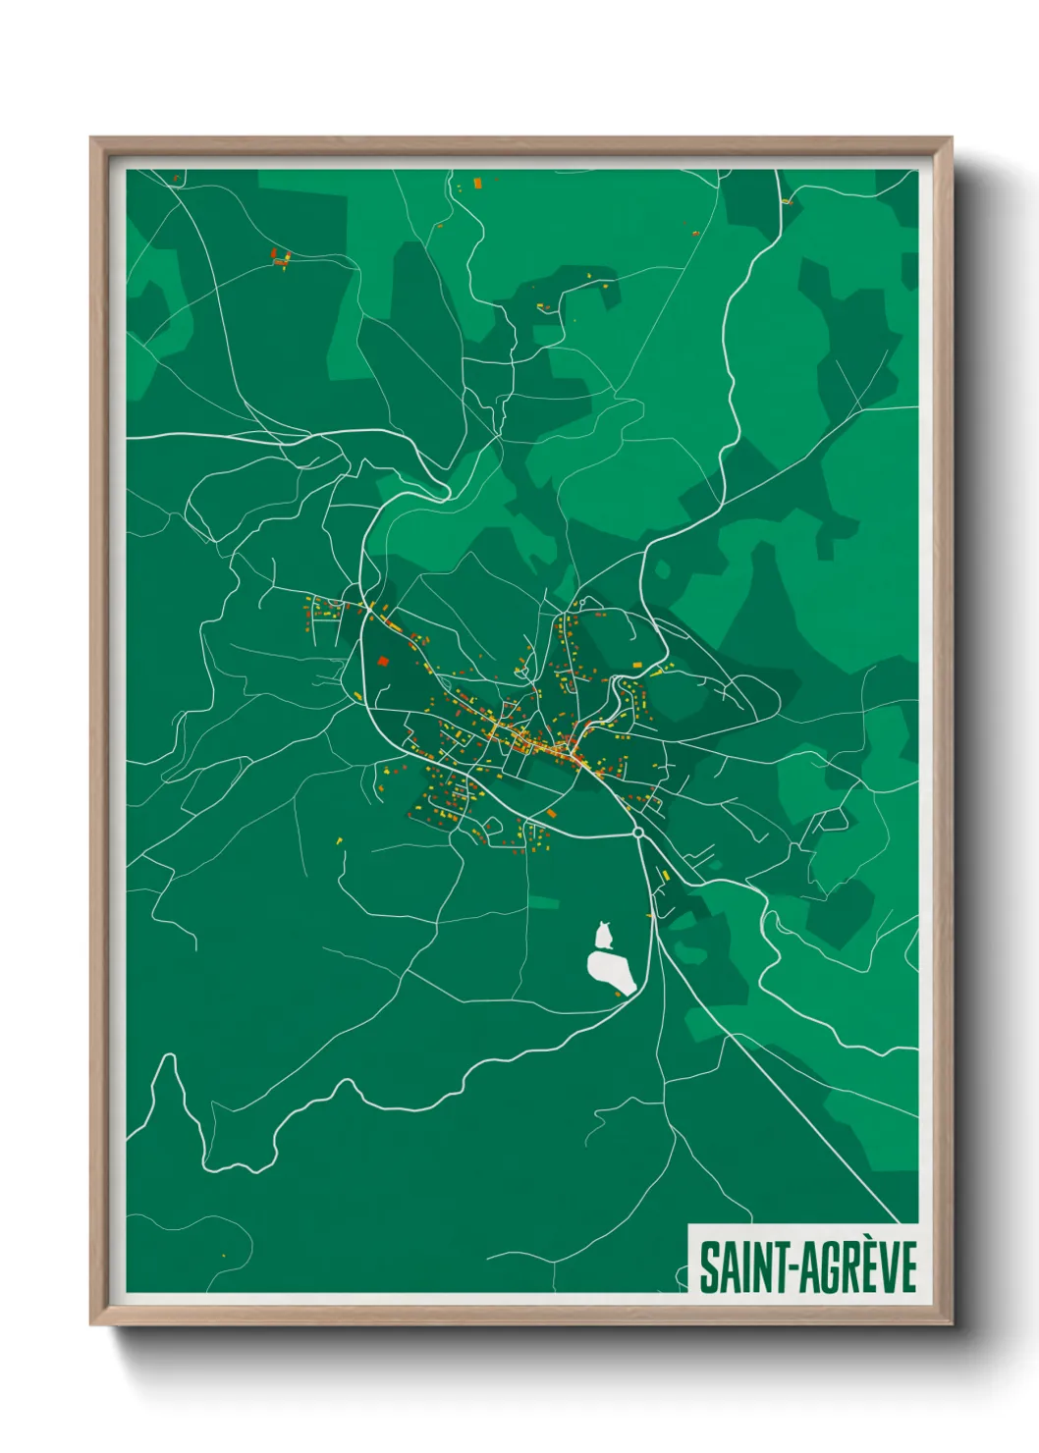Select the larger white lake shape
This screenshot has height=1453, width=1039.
click(x=612, y=971)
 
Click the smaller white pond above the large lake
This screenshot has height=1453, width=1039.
click(x=604, y=935)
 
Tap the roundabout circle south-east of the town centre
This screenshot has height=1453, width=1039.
click(x=637, y=833)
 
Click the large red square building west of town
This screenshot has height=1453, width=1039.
click(x=383, y=662)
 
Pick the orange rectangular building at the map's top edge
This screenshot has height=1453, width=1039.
click(x=478, y=183)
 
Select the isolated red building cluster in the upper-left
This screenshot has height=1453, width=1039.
click(x=281, y=259)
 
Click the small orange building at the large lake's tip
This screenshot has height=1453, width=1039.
click(x=618, y=995)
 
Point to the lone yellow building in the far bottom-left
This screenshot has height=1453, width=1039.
click(x=223, y=1255)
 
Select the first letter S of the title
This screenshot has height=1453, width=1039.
click(x=708, y=1266)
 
